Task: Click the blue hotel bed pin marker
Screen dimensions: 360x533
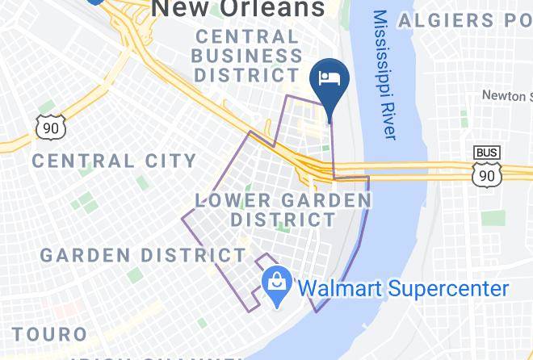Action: tap(329, 80)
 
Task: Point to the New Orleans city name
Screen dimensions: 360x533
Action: tap(239, 9)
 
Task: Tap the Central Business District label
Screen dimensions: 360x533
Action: tap(247, 56)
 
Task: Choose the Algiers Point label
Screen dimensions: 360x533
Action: tap(457, 19)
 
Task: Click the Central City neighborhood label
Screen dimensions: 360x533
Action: tap(114, 161)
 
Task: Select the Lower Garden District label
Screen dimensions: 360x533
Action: tap(283, 209)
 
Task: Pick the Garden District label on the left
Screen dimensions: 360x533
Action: tap(143, 255)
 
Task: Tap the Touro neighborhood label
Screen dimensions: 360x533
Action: tap(50, 333)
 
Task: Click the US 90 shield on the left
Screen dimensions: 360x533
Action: tap(50, 125)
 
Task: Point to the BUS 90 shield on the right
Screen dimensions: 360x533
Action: tap(486, 166)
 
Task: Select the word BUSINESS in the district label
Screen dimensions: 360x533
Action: tap(247, 56)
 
